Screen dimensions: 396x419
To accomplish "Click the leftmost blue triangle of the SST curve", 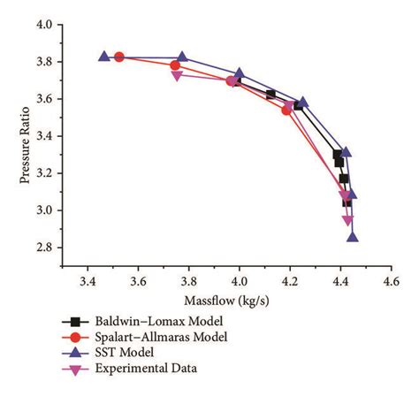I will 104,56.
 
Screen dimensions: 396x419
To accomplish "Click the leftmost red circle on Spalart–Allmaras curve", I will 119,57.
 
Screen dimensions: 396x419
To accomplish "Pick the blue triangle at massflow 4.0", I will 240,74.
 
